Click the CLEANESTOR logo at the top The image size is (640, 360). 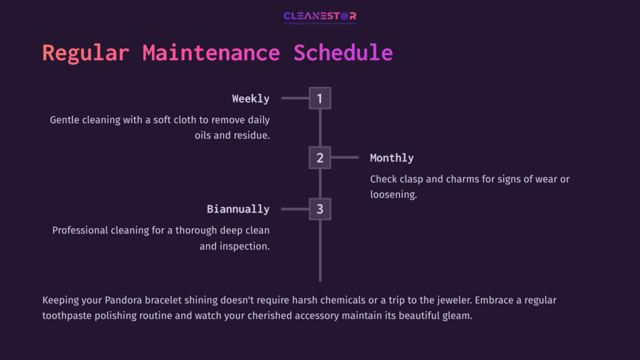pos(319,17)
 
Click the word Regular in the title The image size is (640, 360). pos(86,53)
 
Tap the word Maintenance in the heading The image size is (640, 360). pos(211,53)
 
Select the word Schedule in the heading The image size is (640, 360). pos(343,53)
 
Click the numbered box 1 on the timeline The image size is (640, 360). pos(319,98)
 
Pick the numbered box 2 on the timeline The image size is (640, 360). pos(319,157)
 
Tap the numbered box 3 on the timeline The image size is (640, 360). pos(319,209)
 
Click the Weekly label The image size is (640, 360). pos(251,99)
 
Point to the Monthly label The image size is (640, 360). pos(392,158)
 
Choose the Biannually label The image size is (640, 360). pos(238,209)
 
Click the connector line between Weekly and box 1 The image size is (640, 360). pos(295,98)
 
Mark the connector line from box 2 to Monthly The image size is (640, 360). pos(344,157)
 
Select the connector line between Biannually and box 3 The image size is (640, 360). pos(295,209)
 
